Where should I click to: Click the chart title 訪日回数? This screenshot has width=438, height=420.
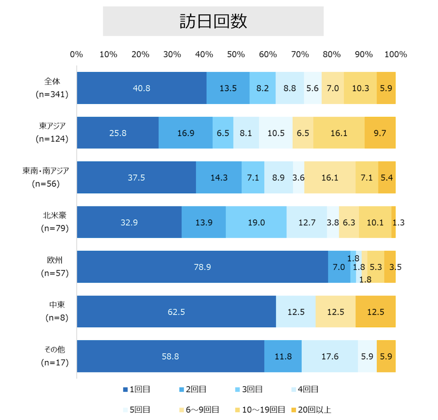213,21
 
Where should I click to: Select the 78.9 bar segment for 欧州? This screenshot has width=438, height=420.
202,267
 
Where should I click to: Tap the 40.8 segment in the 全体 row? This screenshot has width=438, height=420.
141,88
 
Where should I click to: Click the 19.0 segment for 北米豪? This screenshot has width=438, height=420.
256,222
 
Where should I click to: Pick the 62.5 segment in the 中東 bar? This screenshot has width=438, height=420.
176,311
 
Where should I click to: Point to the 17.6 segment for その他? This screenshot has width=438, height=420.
329,356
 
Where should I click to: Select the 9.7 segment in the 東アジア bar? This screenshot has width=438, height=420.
380,133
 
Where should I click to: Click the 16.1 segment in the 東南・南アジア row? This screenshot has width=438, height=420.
329,177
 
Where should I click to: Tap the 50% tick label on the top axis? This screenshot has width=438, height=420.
236,55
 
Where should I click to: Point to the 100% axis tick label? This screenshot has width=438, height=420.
396,55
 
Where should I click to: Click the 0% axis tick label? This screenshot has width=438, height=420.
77,55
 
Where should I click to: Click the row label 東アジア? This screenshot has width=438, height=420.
53,126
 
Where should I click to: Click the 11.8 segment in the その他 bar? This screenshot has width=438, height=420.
283,356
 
